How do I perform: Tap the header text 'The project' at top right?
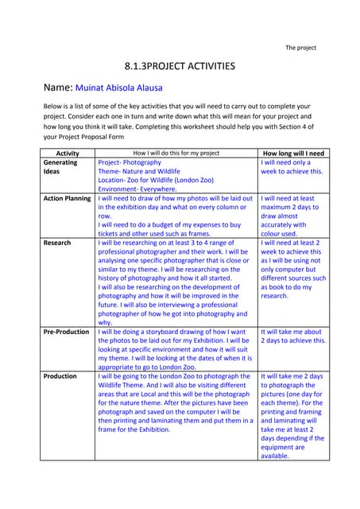[300, 48]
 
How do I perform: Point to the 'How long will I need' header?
[292, 152]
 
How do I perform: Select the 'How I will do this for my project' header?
[176, 152]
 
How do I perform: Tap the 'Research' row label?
[57, 242]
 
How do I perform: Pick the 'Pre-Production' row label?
[67, 332]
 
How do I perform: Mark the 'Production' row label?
[60, 375]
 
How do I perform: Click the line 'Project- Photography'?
[129, 162]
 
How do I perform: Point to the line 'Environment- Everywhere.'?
[141, 189]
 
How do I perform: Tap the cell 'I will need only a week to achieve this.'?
[292, 166]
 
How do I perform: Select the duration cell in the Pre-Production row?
[292, 336]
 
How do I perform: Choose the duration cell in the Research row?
[292, 268]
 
